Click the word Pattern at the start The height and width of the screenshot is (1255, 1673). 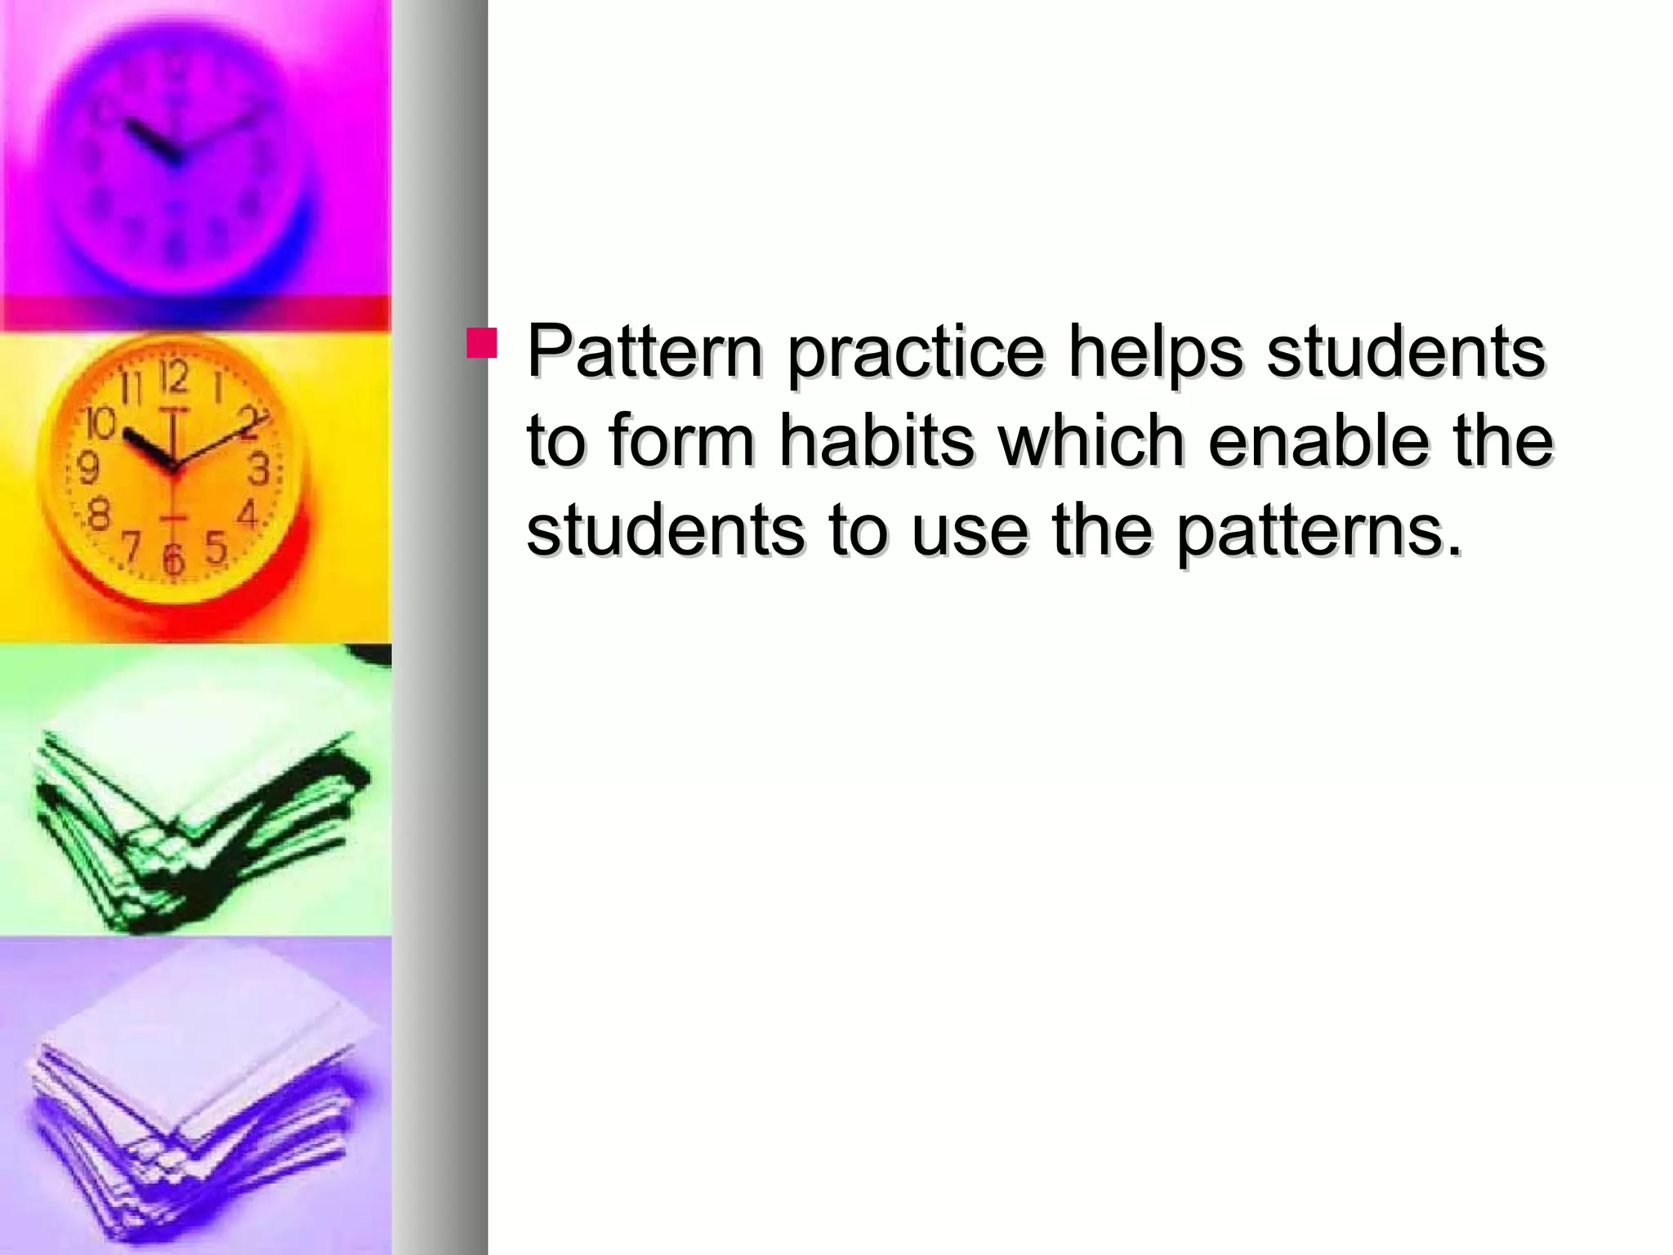[x=645, y=352]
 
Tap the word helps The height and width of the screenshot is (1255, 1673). [x=1155, y=352]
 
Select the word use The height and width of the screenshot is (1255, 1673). [x=970, y=531]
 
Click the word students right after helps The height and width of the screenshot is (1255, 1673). [x=1405, y=352]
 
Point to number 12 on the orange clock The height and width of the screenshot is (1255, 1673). [x=173, y=377]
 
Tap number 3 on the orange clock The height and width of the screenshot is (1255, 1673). [x=259, y=470]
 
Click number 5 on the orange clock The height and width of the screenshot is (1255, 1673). [x=215, y=547]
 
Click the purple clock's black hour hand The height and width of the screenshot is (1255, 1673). [x=150, y=141]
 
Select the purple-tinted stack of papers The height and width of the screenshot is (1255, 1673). [x=196, y=1095]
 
